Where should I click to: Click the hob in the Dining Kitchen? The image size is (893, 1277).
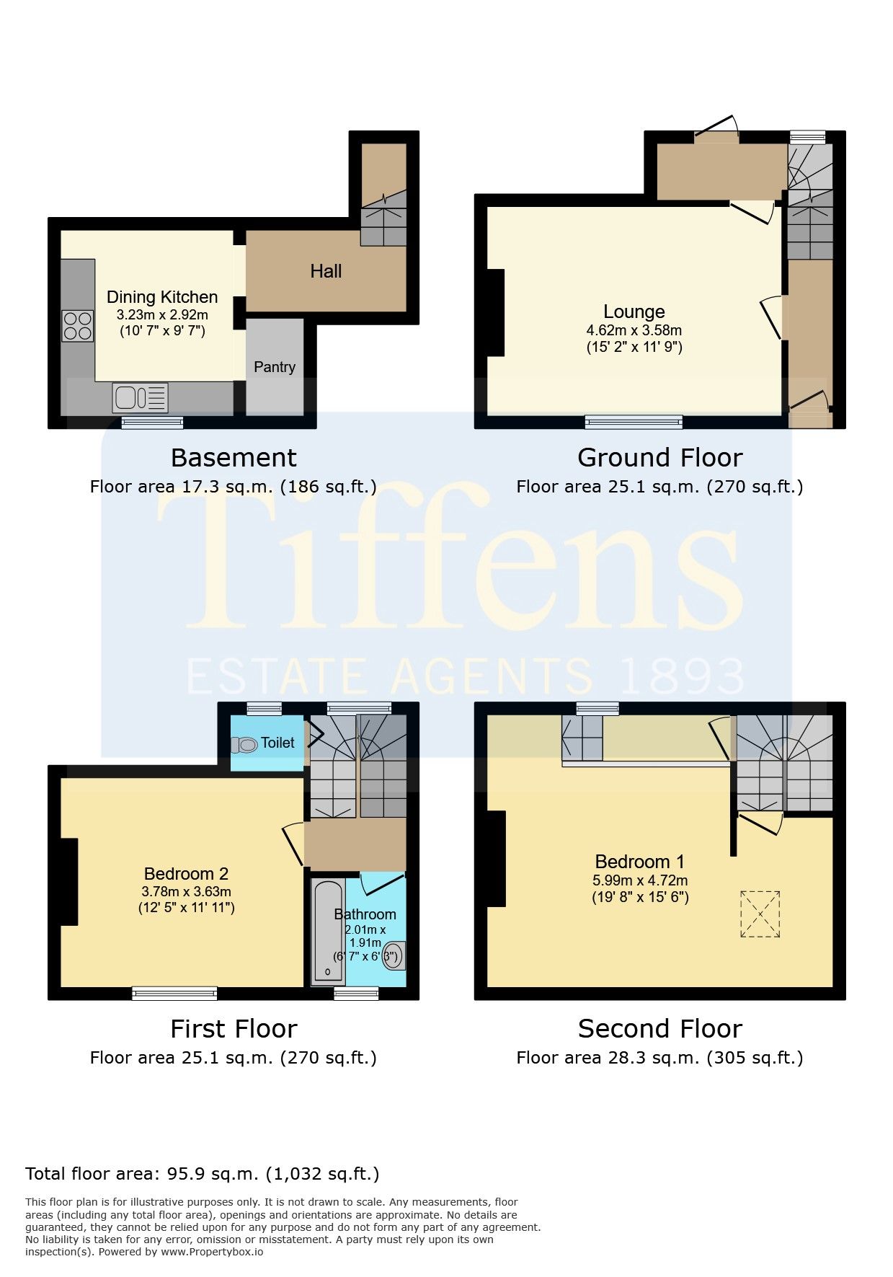tap(78, 324)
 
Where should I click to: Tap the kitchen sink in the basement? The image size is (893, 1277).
tap(140, 397)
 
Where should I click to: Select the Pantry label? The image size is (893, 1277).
tap(275, 367)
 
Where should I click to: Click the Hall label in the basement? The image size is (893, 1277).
tap(326, 271)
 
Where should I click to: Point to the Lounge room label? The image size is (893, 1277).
tap(634, 311)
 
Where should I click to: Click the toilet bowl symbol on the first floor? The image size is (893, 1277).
tap(244, 745)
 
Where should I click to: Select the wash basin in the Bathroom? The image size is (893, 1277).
tap(395, 955)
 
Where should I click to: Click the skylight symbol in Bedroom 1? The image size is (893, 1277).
tap(760, 914)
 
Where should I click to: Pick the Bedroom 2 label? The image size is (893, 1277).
tap(186, 874)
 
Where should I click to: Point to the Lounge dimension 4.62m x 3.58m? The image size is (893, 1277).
tap(634, 330)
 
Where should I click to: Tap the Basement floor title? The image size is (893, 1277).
tap(234, 457)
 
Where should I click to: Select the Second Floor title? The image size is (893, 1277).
tap(659, 1028)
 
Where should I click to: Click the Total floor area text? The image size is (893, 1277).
tap(203, 1174)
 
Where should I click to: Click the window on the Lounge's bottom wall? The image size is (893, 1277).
tap(634, 422)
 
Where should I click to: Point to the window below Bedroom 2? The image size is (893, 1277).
tap(174, 994)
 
